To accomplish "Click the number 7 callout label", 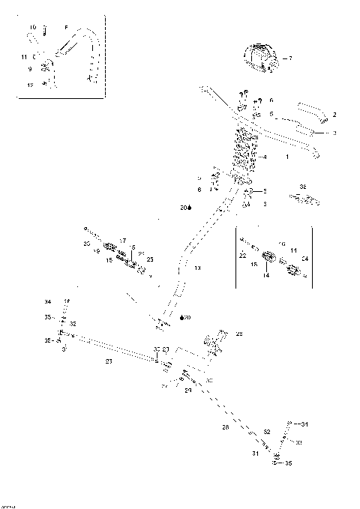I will coord(290,58).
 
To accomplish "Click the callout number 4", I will coord(265,157).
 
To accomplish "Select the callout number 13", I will coord(197,267).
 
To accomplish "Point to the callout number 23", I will coord(109,361).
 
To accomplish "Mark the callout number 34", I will coord(47,302).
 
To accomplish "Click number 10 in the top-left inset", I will coord(32,28).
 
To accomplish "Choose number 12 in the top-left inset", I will coord(30,85).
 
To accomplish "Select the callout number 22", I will coord(242,256).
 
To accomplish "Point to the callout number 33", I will coord(298,443).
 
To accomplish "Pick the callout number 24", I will coord(188,391).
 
